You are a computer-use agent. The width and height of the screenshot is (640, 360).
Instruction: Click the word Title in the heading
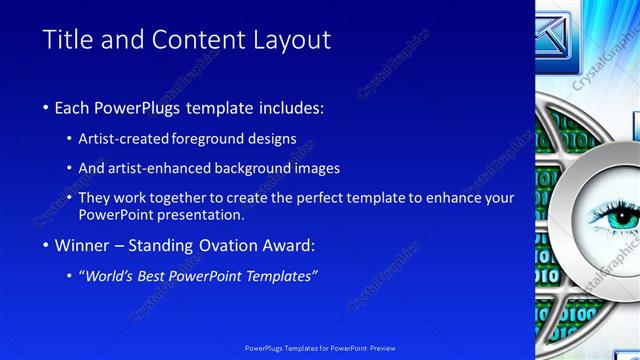[x=69, y=40]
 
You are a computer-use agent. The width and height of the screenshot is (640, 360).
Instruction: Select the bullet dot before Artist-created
[x=70, y=139]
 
